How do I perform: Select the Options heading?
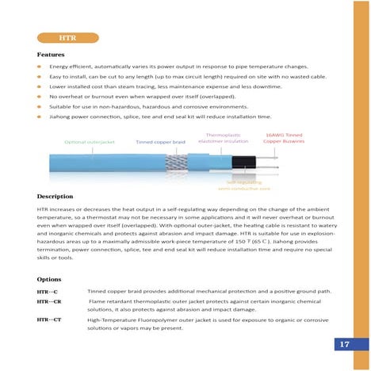[x=49, y=279]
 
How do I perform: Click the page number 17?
[x=344, y=344]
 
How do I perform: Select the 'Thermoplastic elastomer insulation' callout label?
[x=223, y=138]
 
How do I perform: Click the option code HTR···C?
[x=48, y=293]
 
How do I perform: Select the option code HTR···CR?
[x=49, y=302]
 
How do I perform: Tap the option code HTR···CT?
[x=49, y=319]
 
